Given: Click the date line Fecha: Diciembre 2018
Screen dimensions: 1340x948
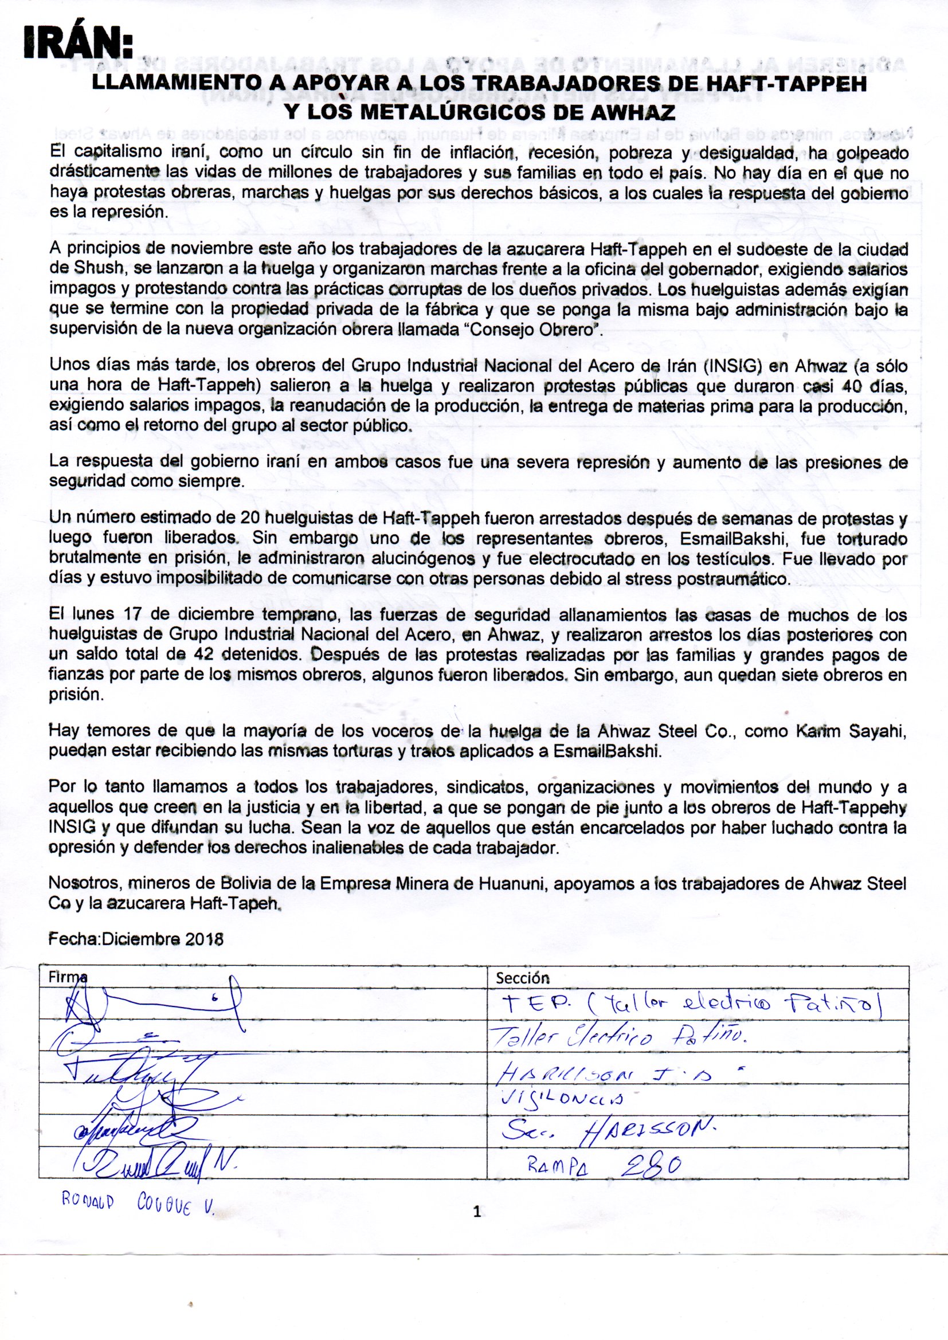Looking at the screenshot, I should pyautogui.click(x=136, y=940).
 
